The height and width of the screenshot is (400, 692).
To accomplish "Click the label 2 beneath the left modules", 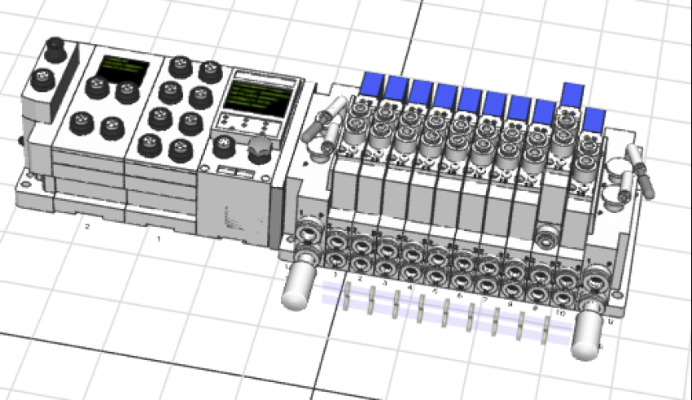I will (x=87, y=226).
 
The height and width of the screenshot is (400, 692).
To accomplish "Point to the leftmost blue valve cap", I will (x=373, y=82).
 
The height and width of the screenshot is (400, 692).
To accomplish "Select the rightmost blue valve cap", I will (x=595, y=120).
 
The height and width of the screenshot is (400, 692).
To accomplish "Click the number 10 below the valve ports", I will (x=560, y=312).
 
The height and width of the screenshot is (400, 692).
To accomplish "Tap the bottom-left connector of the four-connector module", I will (x=81, y=124).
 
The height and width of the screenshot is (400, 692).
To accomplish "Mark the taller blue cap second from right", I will (x=573, y=94).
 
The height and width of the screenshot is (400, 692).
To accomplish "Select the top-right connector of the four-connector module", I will (x=127, y=90).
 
